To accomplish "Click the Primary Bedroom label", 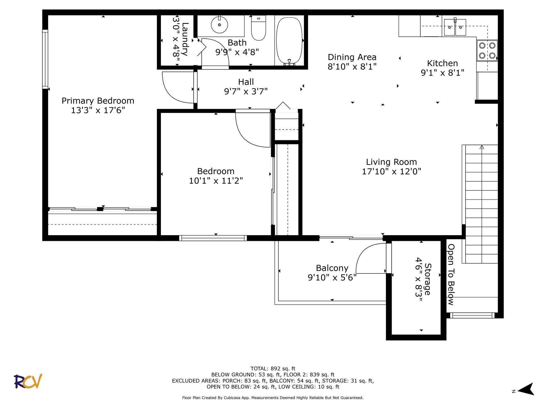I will (98, 101).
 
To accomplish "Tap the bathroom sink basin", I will (219, 25).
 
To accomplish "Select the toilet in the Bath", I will (258, 28).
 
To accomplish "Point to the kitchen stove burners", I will (487, 50).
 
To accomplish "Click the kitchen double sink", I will (455, 27).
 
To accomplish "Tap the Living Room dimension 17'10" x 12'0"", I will (391, 172).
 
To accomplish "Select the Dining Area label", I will (352, 57).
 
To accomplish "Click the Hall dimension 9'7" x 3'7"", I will (246, 91).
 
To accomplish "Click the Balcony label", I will (332, 268).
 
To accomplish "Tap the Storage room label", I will (427, 279).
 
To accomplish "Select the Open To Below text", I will (451, 274).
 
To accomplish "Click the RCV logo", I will (28, 381).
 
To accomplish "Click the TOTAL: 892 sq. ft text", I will (273, 369).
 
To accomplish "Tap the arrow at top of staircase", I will (482, 147).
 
